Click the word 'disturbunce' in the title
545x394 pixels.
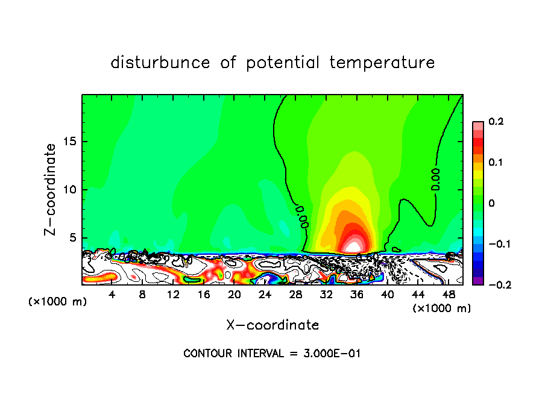[x=161, y=63]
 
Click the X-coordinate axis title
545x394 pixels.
[x=272, y=325]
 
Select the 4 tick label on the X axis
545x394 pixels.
[x=112, y=295]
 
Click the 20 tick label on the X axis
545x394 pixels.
[x=235, y=295]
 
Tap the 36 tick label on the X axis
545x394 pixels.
[x=357, y=295]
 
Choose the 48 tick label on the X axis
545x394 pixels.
[x=449, y=295]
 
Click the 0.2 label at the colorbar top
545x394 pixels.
[x=496, y=122]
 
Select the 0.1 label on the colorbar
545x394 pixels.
[x=496, y=162]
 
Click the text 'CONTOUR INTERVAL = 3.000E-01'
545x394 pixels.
[x=272, y=353]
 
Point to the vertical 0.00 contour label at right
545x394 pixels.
[x=436, y=180]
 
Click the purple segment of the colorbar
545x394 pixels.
[x=477, y=281]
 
